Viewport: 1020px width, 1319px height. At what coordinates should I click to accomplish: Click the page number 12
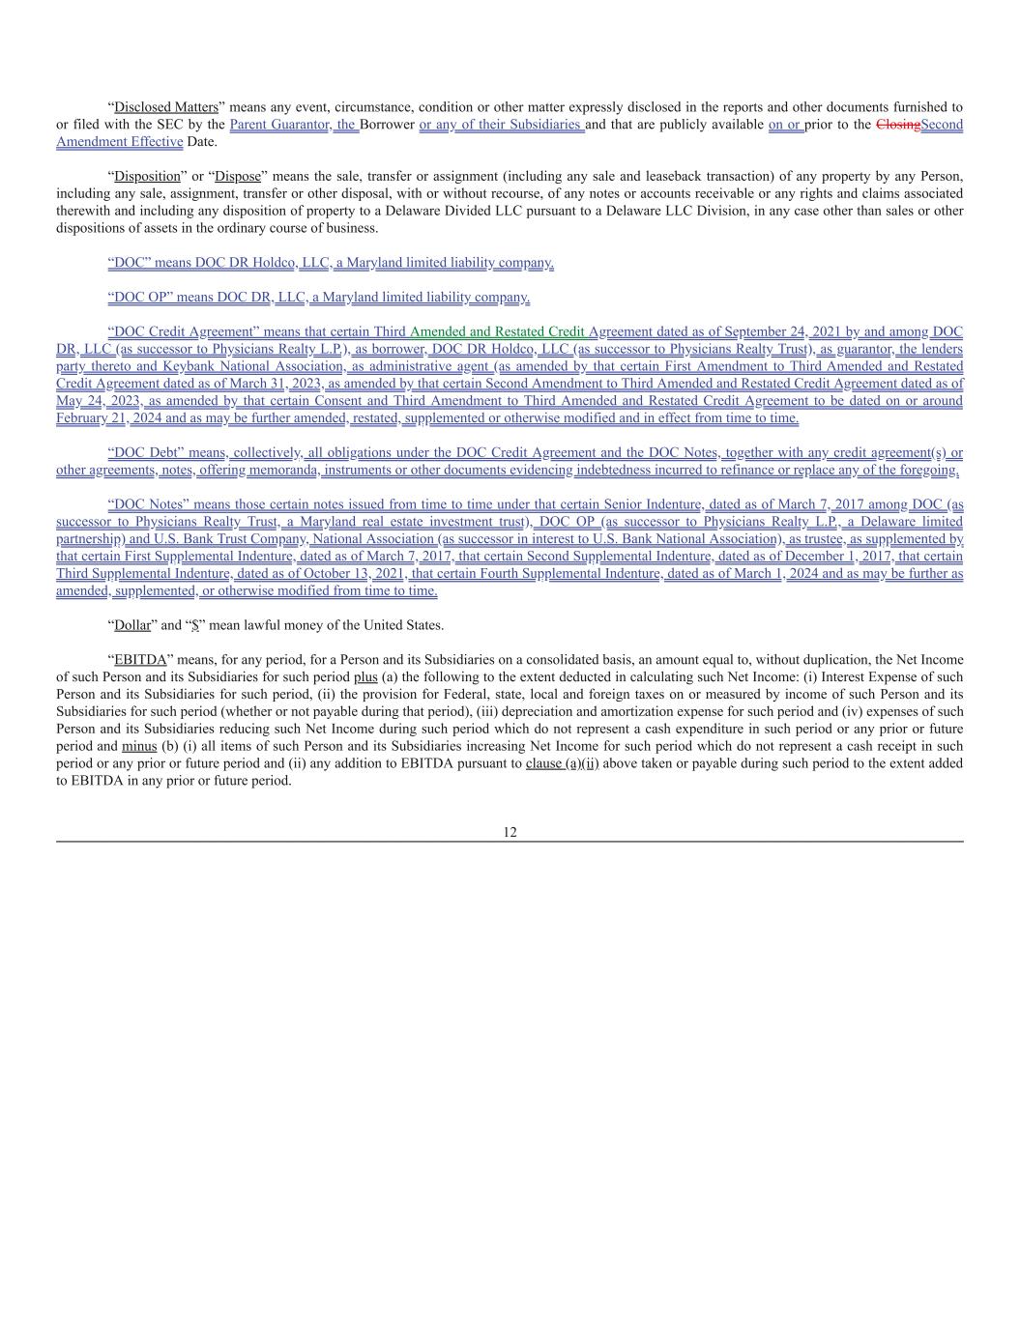[510, 832]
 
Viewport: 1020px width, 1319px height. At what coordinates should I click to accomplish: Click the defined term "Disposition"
[148, 176]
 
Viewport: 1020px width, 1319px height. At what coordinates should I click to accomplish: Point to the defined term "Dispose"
[238, 176]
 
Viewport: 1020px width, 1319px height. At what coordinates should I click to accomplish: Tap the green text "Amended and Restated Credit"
[497, 331]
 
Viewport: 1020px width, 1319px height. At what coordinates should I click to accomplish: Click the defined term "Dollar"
[132, 625]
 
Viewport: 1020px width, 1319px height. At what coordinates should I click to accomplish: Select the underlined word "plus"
[365, 677]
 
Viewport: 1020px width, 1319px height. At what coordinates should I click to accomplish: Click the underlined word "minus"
[139, 746]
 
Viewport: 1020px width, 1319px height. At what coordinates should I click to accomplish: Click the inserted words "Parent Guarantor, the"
[294, 125]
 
